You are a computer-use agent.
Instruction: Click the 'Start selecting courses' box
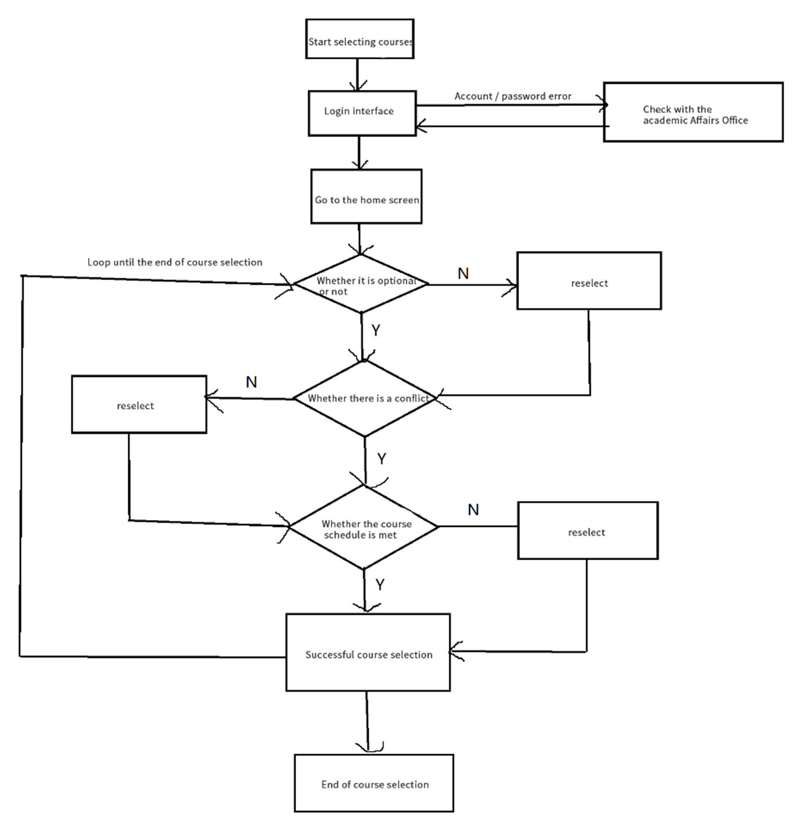360,39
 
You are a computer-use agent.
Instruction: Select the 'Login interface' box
362,113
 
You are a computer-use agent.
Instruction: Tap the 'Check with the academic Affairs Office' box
693,112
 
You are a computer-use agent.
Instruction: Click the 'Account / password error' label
513,96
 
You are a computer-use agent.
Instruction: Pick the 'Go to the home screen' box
366,196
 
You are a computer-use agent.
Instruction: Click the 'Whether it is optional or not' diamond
361,284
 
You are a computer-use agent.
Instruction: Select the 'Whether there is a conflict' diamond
365,399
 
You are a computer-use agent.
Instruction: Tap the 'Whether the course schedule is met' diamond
363,528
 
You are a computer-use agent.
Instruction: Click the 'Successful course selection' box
368,653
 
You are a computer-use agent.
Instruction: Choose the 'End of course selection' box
374,783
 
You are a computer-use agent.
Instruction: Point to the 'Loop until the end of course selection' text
175,262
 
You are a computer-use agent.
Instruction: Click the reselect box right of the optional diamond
589,281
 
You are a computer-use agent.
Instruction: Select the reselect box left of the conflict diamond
139,404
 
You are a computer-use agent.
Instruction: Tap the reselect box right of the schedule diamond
587,531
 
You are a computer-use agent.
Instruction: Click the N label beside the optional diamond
463,274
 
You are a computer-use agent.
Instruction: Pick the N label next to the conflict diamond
251,382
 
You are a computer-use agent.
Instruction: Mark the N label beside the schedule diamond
474,510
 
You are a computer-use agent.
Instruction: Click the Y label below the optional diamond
376,331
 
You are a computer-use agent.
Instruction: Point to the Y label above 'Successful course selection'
380,585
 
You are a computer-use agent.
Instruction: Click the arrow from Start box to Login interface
357,74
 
